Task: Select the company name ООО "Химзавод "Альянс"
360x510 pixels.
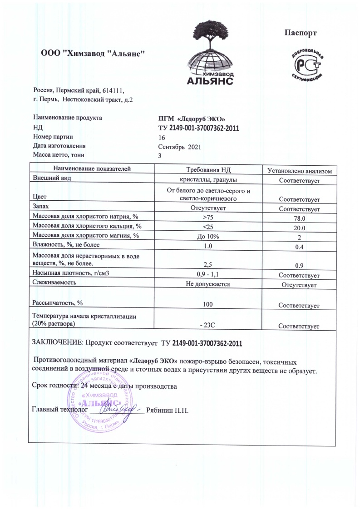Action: (93, 53)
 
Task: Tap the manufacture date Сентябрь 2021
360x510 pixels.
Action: (179, 146)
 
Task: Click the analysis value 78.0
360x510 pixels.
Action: (300, 218)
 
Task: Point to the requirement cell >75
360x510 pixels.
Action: (209, 218)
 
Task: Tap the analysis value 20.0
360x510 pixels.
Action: (300, 228)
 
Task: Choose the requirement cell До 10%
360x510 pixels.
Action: (209, 236)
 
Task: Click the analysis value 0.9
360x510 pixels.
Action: (300, 265)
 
